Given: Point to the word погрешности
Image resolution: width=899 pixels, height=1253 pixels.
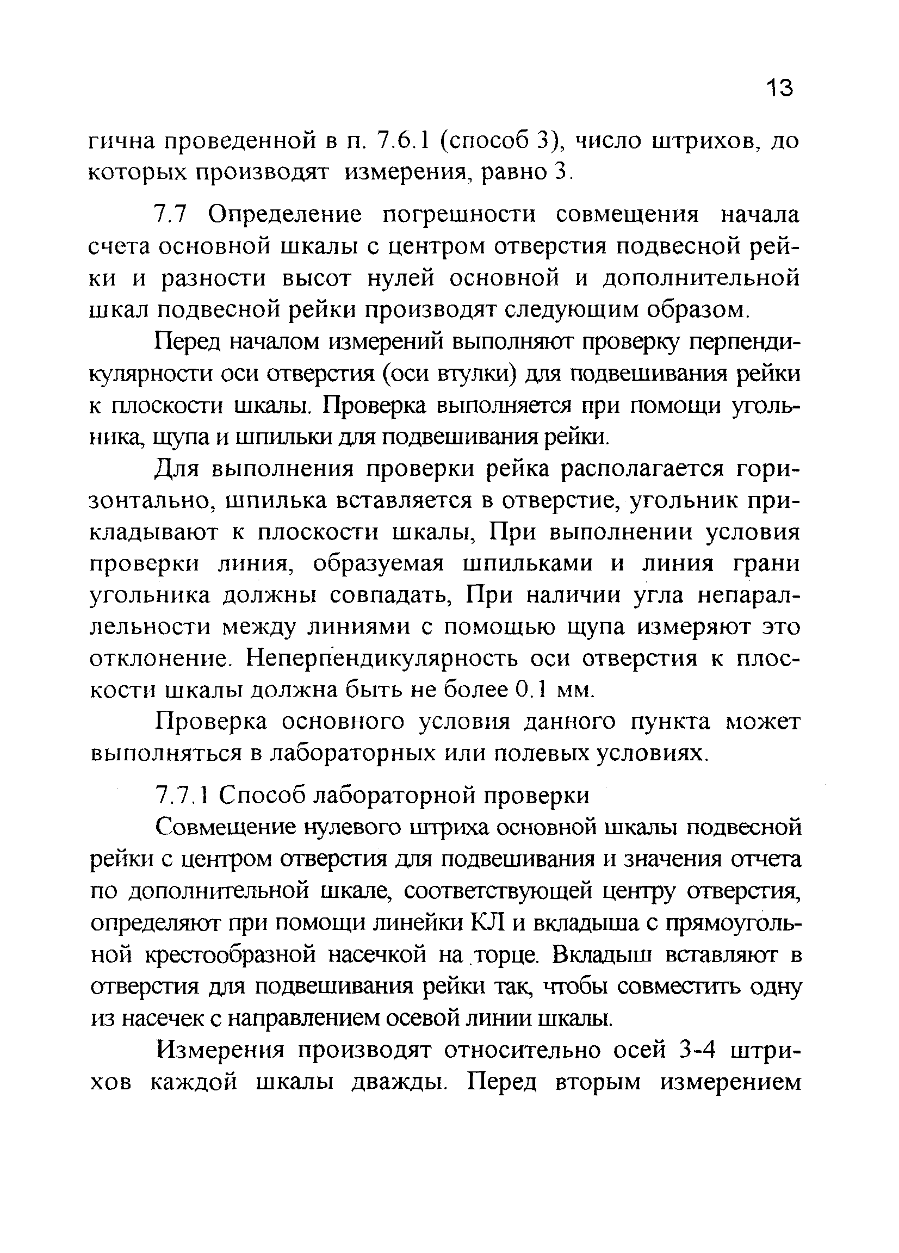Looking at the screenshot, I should pyautogui.click(x=459, y=214).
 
